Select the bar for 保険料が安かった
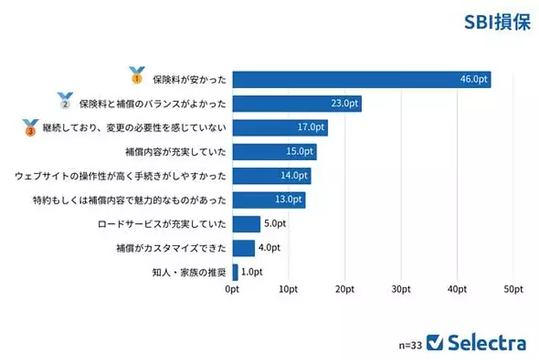pos(361,79)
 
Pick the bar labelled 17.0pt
pos(279,128)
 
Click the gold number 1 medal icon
pos(137,74)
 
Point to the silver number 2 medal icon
pos(65,99)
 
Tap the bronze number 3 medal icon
pos(30,127)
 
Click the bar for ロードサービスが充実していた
pos(246,224)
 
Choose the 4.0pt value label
pos(269,248)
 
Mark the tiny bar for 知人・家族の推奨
pos(235,272)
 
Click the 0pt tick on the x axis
pos(232,289)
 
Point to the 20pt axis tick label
pos(345,289)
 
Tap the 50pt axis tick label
pos(513,289)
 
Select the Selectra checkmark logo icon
pos(435,342)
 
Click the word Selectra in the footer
pos(487,342)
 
